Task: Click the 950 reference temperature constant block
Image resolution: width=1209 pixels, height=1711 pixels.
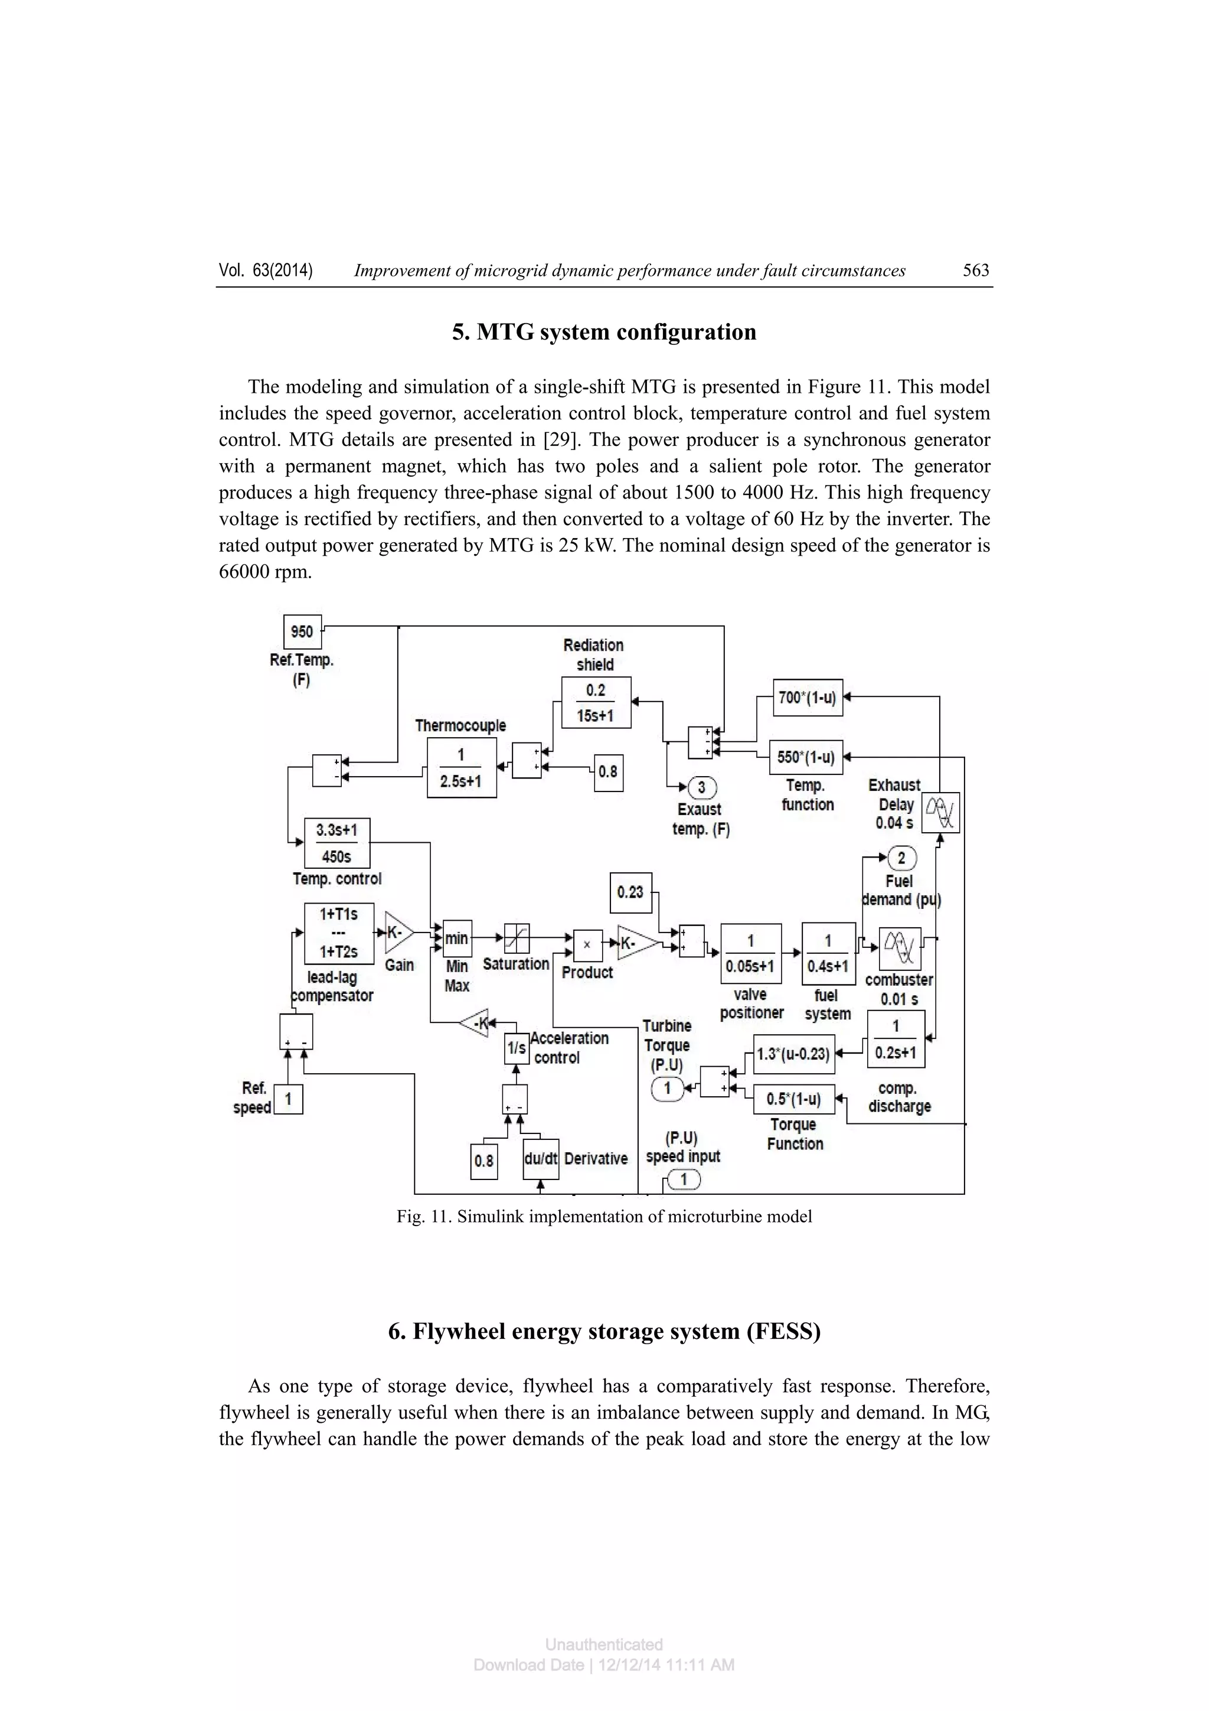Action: pos(302,632)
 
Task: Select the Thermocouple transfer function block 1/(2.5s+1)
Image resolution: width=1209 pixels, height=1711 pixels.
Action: pos(461,768)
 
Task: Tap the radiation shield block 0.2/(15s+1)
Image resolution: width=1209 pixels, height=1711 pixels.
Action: pos(595,702)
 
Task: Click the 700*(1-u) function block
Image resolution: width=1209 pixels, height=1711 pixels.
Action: pos(808,698)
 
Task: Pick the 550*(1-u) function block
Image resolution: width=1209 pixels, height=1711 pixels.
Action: pos(805,757)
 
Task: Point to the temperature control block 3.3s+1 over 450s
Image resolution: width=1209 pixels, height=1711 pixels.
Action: pos(336,843)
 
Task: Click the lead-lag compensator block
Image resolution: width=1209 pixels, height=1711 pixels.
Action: pos(338,933)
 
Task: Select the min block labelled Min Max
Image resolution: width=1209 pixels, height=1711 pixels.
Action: pos(457,938)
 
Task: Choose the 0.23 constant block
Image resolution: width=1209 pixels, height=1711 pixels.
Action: pos(630,891)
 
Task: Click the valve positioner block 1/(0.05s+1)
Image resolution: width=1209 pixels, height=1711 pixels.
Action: pos(750,954)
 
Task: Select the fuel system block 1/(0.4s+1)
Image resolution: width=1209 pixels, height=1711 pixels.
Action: pos(828,953)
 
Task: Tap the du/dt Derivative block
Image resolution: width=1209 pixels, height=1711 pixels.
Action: pos(540,1159)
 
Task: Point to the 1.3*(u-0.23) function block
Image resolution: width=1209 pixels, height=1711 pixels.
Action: pos(793,1054)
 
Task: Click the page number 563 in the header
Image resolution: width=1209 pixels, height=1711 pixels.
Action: pos(975,270)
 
